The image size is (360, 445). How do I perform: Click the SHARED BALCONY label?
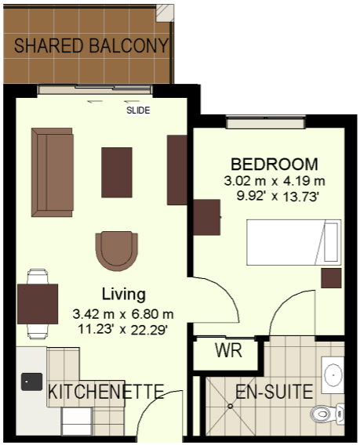(92, 45)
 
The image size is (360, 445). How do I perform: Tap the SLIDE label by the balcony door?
(138, 110)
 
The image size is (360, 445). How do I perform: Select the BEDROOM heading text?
(275, 165)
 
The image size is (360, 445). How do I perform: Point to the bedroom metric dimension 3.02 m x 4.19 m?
(275, 181)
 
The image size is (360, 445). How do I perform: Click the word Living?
(124, 294)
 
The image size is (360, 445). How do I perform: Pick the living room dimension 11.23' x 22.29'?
(123, 330)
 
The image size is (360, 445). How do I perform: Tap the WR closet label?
(228, 350)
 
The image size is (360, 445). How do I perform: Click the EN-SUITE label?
(275, 392)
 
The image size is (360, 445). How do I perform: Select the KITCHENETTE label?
(106, 392)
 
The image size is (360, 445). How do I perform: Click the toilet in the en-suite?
(327, 414)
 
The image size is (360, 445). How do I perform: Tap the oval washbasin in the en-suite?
(333, 375)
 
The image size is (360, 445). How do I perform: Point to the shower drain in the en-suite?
(230, 406)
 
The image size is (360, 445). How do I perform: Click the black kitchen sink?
(31, 382)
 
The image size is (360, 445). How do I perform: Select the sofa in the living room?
(53, 172)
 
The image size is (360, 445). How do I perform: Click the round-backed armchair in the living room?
(117, 251)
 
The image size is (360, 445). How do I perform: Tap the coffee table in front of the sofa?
(117, 172)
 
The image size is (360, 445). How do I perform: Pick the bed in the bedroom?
(294, 242)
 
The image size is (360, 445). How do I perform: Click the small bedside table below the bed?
(331, 278)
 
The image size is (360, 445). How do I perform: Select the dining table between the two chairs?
(38, 304)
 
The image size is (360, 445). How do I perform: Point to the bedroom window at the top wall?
(266, 122)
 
